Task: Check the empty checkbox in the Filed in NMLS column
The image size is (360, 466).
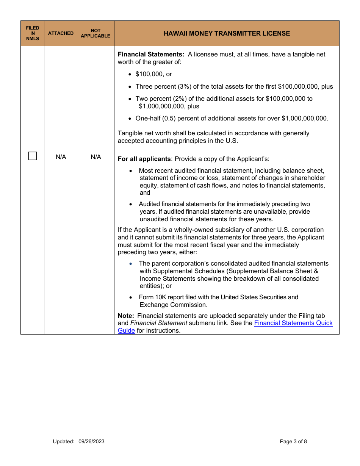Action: coord(33,156)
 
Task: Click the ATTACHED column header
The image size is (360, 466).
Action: coord(61,33)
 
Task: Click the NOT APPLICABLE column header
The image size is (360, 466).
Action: coord(95,33)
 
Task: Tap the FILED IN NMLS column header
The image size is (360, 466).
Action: coord(33,33)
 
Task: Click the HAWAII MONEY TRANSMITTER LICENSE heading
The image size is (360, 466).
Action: coord(227,33)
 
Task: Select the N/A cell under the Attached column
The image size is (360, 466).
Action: coord(61,157)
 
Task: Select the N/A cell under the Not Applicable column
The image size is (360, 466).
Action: coord(96,157)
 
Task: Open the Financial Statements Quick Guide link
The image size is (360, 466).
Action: coord(293,323)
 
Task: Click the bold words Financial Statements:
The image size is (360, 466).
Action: coord(151,54)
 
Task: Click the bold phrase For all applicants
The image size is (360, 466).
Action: coord(144,159)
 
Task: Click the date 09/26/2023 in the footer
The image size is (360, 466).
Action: coord(91,441)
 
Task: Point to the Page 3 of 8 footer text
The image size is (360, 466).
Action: coord(293,441)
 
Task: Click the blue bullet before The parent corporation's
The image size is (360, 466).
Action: coord(131,263)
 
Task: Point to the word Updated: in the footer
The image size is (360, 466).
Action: coord(63,441)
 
